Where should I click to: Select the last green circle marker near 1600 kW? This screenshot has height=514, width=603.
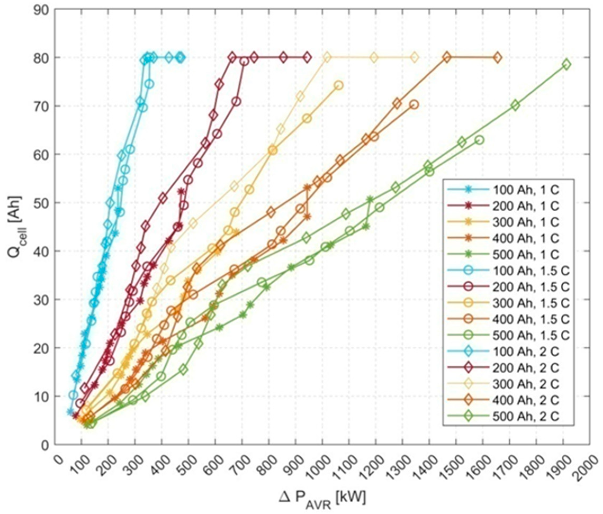tap(480, 140)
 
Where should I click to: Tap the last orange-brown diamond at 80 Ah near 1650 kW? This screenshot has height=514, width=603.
tap(497, 57)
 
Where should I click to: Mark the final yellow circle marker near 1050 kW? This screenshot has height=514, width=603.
tap(338, 85)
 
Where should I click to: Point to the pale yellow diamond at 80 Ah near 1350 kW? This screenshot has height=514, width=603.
tap(414, 57)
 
